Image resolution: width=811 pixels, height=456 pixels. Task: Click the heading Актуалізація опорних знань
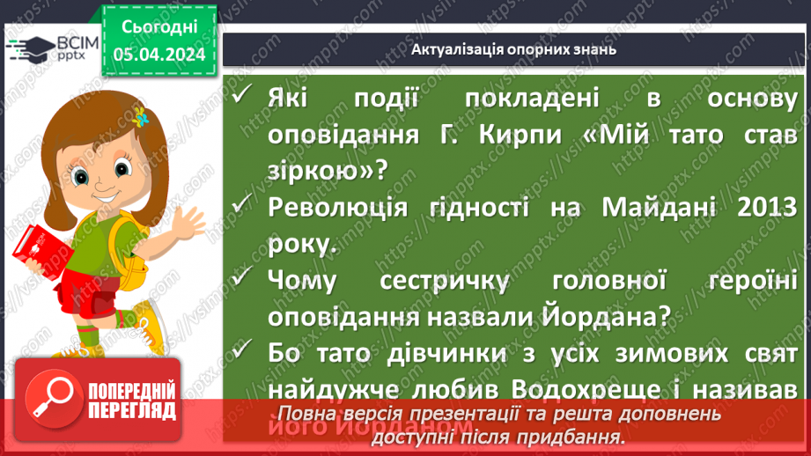(513, 49)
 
